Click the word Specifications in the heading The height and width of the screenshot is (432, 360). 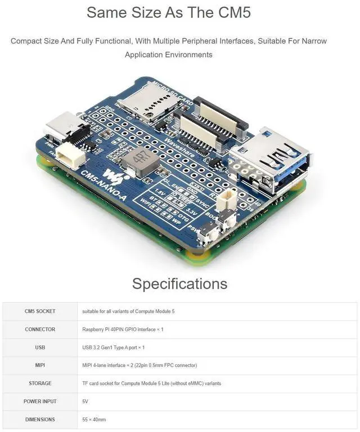[180, 283]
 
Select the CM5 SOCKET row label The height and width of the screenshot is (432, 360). [40, 311]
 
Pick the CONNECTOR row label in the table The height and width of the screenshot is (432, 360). [40, 329]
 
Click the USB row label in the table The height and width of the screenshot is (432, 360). [40, 347]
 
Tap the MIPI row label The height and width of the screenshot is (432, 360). [40, 365]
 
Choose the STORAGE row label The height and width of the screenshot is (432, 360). [40, 383]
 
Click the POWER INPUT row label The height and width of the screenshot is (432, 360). [40, 401]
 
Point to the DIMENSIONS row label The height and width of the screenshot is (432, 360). [40, 419]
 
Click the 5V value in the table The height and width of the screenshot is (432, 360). [85, 401]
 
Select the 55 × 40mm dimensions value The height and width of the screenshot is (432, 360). [94, 419]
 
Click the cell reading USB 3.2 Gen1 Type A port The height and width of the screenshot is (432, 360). [113, 347]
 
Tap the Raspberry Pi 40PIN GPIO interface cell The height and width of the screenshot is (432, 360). [123, 329]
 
